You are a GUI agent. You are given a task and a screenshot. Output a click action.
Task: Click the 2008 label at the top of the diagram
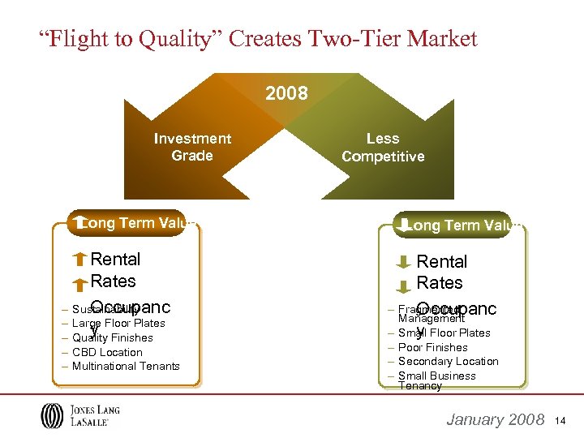tap(286, 93)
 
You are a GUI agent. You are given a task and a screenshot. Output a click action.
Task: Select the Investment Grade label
tap(192, 147)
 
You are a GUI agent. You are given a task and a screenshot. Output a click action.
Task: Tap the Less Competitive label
tap(383, 147)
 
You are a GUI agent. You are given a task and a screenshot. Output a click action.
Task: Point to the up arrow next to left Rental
tap(79, 260)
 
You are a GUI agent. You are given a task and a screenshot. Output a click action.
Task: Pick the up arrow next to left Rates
tap(79, 284)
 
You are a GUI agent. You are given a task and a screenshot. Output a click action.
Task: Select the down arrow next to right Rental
tap(404, 263)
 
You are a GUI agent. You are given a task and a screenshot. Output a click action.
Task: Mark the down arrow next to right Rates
tap(404, 286)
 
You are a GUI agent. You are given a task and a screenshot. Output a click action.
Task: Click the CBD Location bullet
tap(107, 352)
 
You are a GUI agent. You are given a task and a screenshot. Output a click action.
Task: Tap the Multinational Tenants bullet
tap(126, 367)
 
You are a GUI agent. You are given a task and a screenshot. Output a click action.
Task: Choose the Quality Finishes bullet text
tap(113, 337)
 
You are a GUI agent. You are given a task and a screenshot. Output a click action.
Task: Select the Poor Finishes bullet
tap(433, 347)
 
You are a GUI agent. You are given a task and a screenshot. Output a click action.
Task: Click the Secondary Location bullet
tap(448, 361)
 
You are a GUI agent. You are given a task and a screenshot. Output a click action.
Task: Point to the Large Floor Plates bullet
tap(118, 323)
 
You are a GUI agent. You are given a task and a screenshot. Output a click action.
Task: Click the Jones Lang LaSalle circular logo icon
tap(51, 416)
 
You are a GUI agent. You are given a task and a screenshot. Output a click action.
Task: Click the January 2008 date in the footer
tap(496, 419)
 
